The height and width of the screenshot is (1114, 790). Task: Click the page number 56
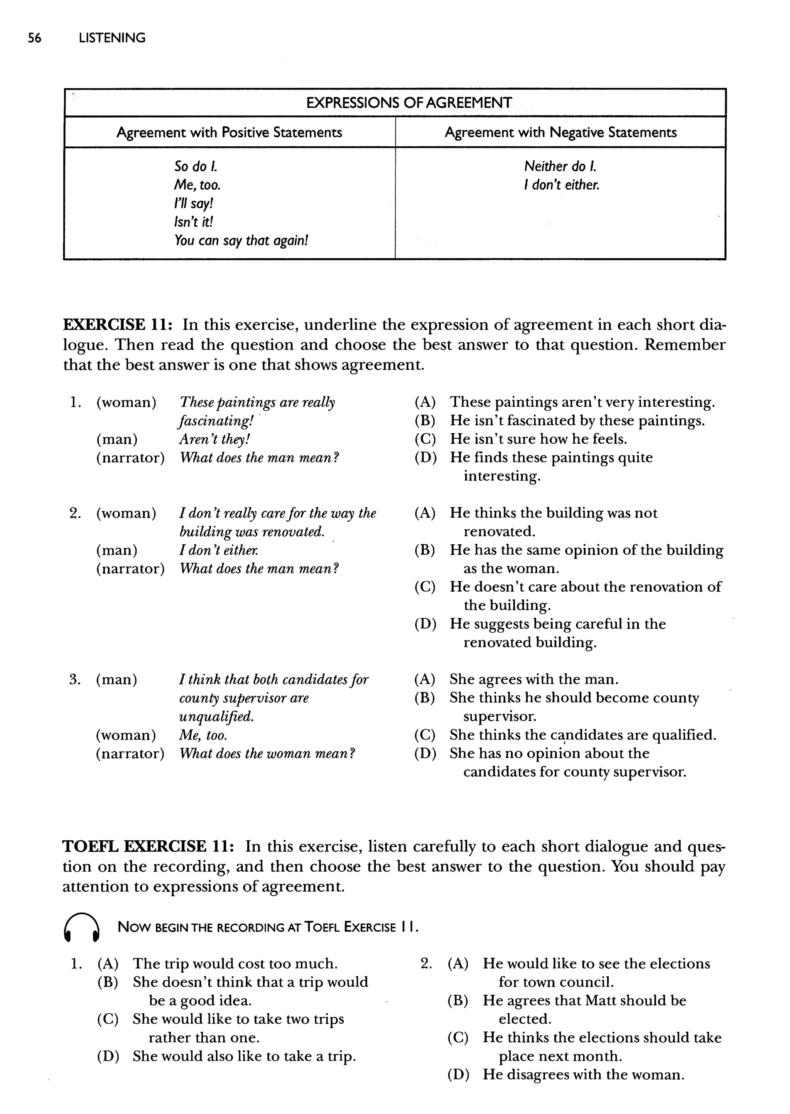click(x=35, y=38)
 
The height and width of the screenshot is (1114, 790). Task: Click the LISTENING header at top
click(x=112, y=38)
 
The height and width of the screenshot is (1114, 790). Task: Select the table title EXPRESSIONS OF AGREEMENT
click(x=409, y=103)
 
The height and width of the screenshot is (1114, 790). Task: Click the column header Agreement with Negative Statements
click(x=560, y=132)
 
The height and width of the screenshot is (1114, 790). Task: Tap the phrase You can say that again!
click(x=241, y=240)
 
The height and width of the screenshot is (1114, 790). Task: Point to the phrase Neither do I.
click(x=560, y=166)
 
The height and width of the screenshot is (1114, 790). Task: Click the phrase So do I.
click(x=196, y=166)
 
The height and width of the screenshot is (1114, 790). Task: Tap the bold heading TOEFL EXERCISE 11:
click(x=149, y=847)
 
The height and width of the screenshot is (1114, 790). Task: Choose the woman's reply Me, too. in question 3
click(x=203, y=735)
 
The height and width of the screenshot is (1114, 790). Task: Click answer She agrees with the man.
click(x=533, y=679)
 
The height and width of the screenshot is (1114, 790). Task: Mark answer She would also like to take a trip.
click(x=244, y=1056)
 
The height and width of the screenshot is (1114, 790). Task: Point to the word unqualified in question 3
click(x=216, y=716)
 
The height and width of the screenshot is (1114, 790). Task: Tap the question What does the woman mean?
click(x=267, y=753)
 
